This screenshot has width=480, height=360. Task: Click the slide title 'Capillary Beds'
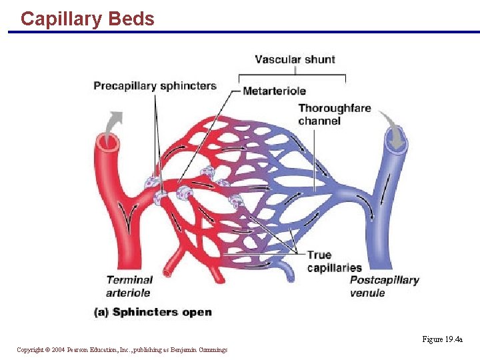[87, 19]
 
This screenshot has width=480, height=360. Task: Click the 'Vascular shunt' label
[295, 59]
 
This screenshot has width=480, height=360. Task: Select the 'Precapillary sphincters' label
[155, 86]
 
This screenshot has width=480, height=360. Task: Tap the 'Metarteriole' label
[274, 91]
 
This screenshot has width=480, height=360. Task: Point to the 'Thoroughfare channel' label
[334, 114]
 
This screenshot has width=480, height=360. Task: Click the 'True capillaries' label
[334, 261]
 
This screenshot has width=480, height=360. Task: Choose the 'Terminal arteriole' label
[129, 286]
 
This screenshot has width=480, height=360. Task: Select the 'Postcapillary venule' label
[384, 286]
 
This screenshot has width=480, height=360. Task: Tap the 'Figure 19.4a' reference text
[442, 339]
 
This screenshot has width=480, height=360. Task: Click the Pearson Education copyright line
[122, 349]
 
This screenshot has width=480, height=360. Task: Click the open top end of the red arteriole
[107, 141]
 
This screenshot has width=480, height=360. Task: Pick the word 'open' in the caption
[196, 312]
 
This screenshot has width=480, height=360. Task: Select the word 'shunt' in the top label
[320, 59]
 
